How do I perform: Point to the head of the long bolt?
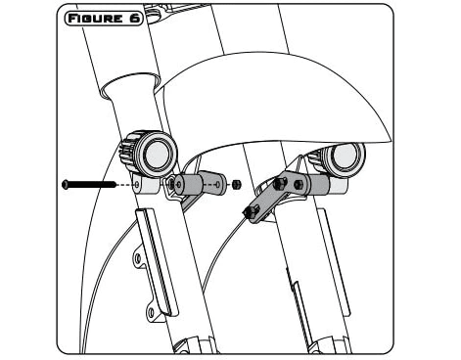coord(65,183)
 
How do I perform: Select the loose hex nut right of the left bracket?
coord(235,182)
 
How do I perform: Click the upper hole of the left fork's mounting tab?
coord(138,259)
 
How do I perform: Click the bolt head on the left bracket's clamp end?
coord(174,183)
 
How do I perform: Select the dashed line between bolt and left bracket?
coord(127,183)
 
